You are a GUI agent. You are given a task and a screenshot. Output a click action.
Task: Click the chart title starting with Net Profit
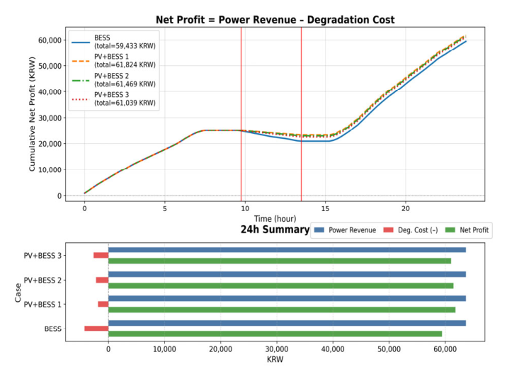pos(275,20)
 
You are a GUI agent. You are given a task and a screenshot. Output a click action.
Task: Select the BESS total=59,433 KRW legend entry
pos(113,42)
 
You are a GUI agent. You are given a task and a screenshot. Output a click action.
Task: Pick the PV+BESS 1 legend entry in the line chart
pos(113,60)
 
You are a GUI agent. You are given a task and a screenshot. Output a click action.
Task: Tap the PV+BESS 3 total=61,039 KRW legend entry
pos(113,98)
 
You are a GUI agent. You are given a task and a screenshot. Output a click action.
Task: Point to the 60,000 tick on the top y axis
pos(50,40)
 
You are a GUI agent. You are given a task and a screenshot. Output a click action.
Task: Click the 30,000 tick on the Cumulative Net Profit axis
pos(50,118)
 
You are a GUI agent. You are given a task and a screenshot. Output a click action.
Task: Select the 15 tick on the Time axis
pos(325,208)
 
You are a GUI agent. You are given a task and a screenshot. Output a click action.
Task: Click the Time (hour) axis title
pos(275,219)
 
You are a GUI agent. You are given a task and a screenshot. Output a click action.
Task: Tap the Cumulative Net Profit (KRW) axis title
pos(32,114)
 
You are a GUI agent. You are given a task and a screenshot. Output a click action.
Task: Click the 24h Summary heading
pos(275,230)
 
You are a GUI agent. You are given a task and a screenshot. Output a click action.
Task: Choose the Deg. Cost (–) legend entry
pos(411,230)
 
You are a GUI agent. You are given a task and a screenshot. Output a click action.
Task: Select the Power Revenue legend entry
pos(345,230)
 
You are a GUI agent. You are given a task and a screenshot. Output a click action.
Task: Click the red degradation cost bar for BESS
pos(96,329)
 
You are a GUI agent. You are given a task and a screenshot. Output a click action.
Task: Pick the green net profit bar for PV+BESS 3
pos(280,261)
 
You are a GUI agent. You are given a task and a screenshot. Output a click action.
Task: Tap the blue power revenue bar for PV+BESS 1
pos(287,298)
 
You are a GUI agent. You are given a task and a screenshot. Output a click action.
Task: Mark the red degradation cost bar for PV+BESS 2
pos(102,280)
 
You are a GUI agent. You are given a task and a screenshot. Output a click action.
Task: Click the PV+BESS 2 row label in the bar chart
pos(42,280)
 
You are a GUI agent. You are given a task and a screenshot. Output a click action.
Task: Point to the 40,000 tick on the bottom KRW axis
pos(333,349)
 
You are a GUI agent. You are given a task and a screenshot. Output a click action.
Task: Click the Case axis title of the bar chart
pos(18,293)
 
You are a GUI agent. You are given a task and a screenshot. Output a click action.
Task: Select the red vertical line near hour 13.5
pos(302,114)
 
